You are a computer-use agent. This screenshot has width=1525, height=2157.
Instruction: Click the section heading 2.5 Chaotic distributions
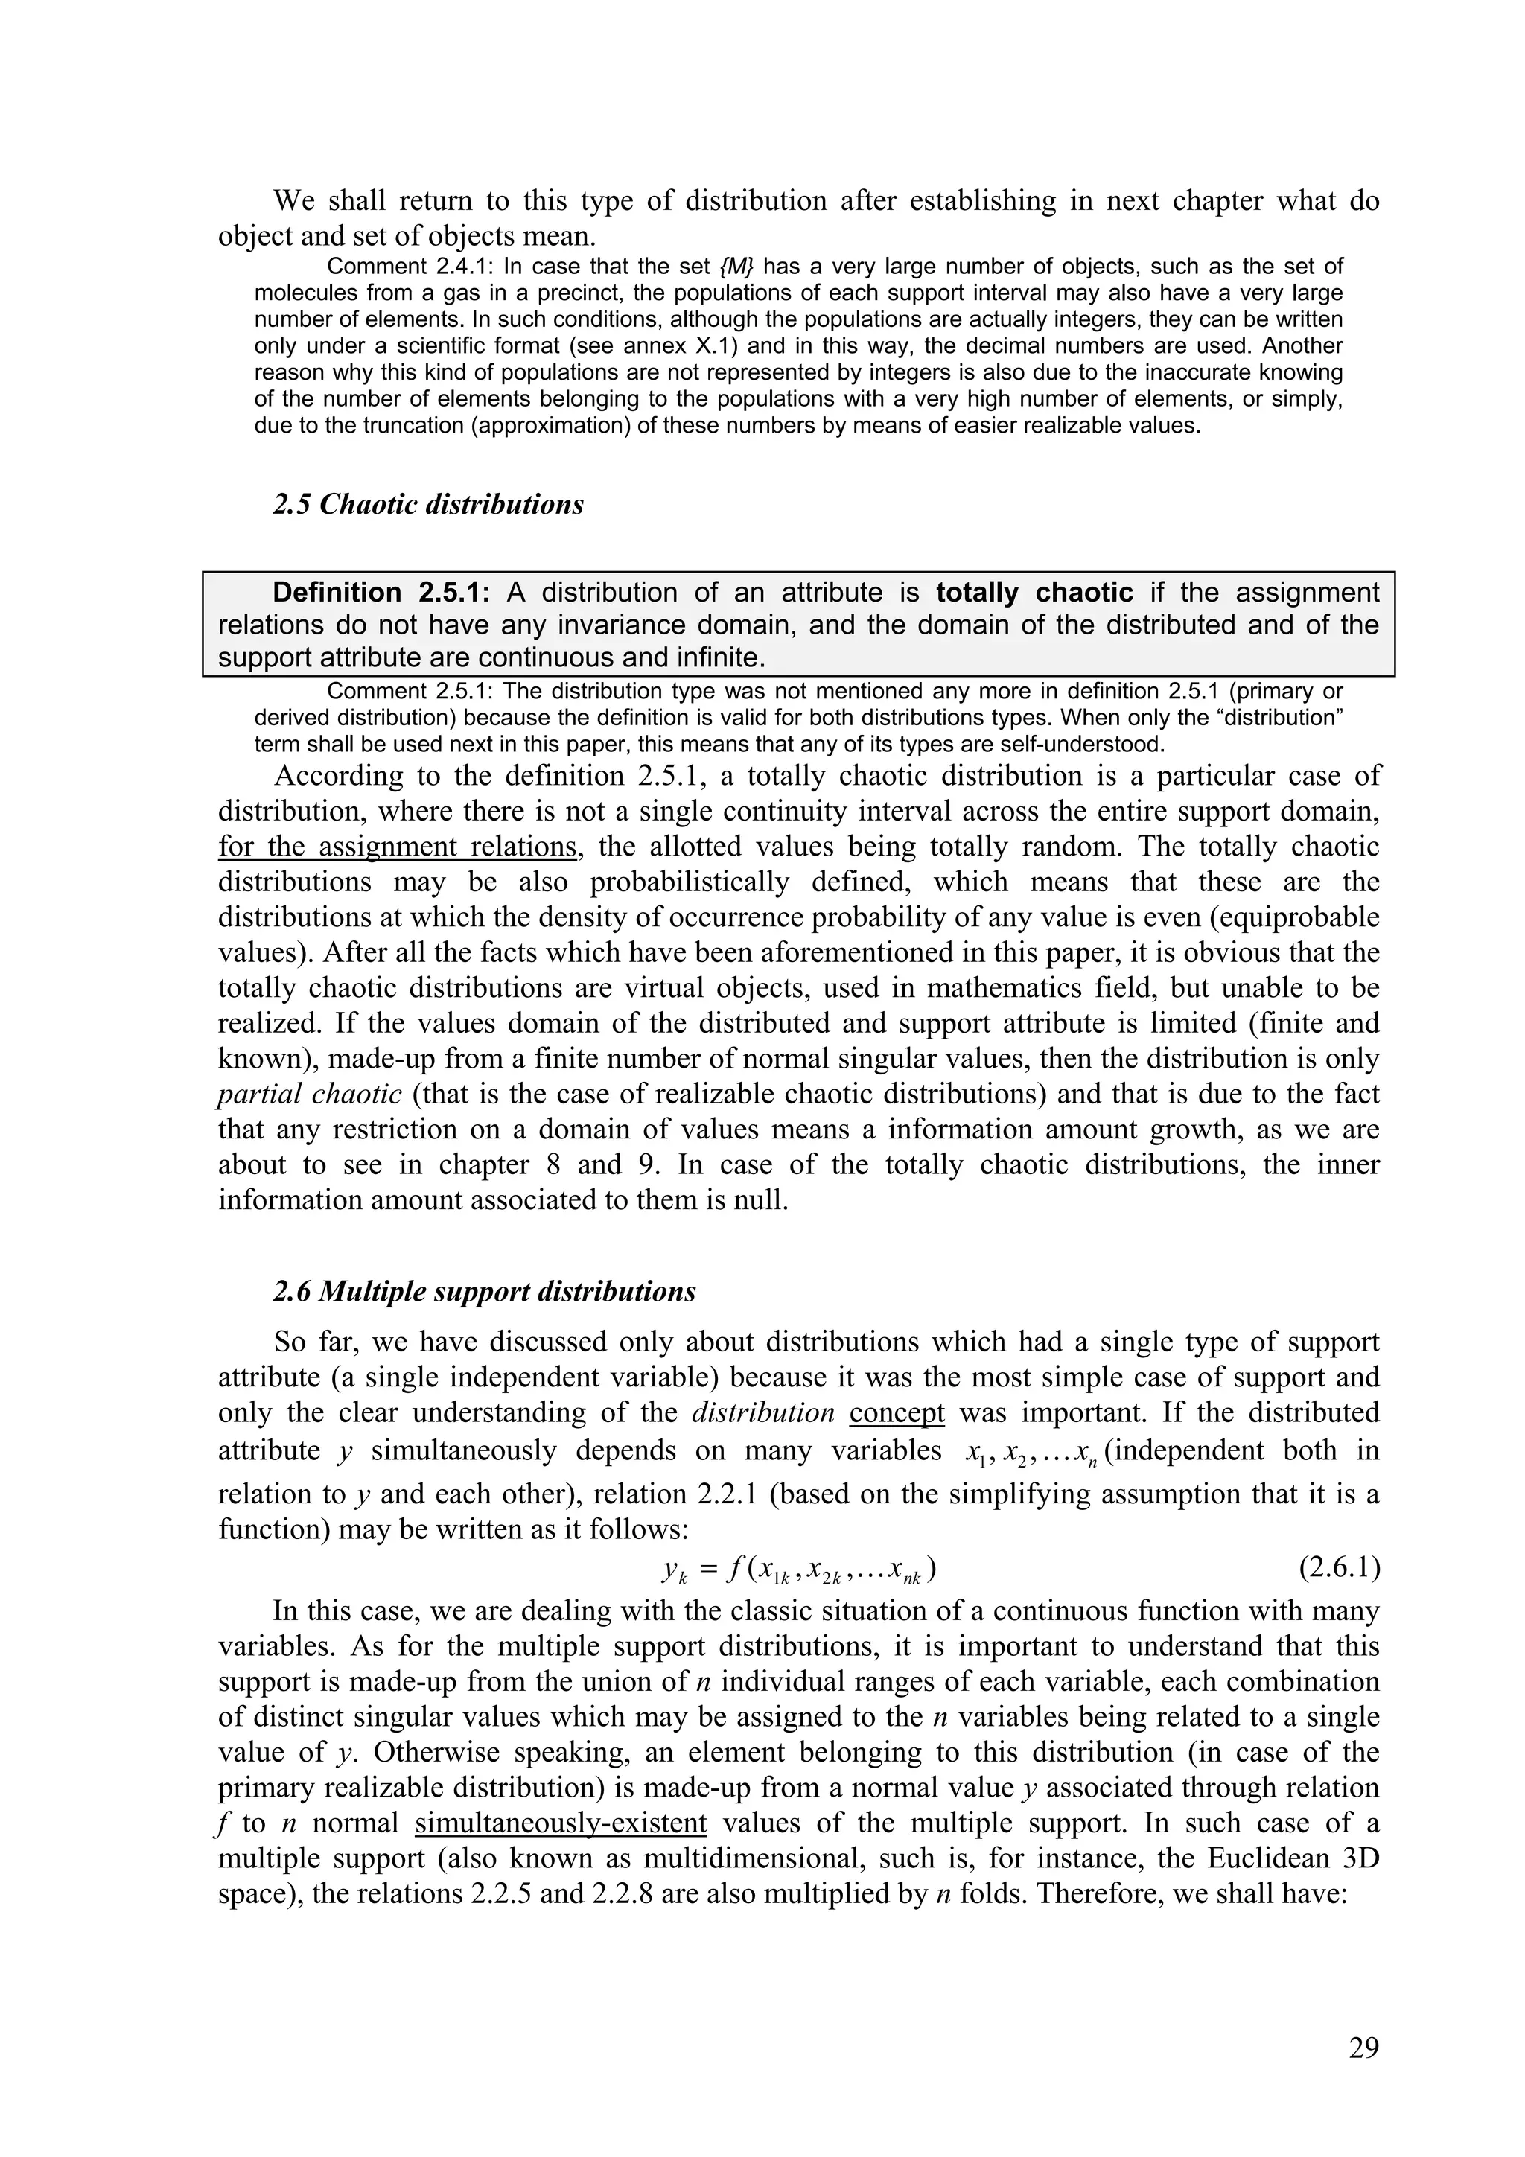(428, 505)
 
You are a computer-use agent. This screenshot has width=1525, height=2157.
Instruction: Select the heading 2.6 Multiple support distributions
(484, 1291)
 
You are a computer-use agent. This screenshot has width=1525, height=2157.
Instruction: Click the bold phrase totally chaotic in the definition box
(1034, 593)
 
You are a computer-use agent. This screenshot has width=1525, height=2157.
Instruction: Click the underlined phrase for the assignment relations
(398, 847)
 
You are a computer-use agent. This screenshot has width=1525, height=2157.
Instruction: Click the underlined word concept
(897, 1413)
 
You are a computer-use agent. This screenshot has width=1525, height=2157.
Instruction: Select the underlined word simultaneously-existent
(560, 1823)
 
